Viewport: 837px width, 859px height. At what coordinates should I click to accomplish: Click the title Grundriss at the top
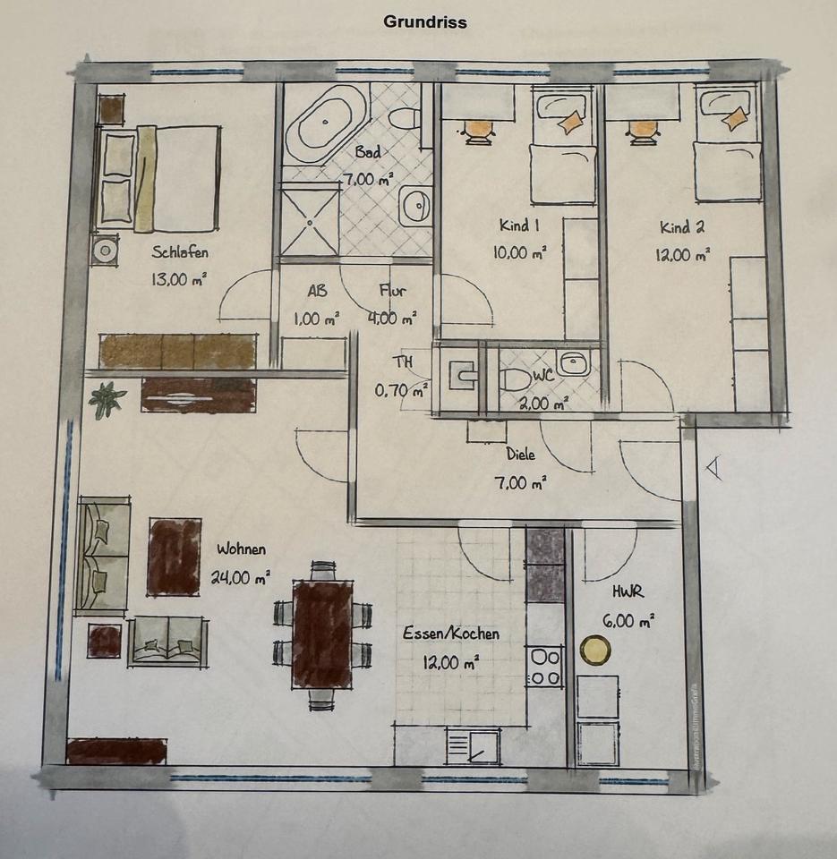(x=425, y=21)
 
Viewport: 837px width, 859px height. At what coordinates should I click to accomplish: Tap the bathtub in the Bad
(x=326, y=123)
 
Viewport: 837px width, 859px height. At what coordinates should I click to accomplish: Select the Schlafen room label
(x=180, y=252)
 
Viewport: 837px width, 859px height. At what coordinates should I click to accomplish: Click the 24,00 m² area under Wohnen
(x=240, y=577)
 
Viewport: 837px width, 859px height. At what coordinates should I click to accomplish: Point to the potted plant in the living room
(x=107, y=399)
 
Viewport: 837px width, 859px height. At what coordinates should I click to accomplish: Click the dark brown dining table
(x=322, y=634)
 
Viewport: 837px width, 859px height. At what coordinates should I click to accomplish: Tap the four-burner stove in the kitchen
(x=545, y=667)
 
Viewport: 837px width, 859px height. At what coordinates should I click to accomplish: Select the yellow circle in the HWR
(x=595, y=651)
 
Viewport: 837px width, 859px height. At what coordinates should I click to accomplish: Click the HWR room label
(x=628, y=591)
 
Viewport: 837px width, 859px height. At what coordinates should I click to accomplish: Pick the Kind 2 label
(x=682, y=226)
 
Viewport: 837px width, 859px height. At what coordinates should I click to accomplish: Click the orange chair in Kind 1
(x=479, y=132)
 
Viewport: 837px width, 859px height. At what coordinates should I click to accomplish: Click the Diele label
(x=520, y=455)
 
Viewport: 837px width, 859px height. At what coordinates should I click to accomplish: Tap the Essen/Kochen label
(x=451, y=634)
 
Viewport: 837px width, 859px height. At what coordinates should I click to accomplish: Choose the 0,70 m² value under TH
(x=401, y=391)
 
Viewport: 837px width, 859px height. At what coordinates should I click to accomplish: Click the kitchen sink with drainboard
(x=473, y=746)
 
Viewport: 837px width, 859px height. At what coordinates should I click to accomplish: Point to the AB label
(x=318, y=290)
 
